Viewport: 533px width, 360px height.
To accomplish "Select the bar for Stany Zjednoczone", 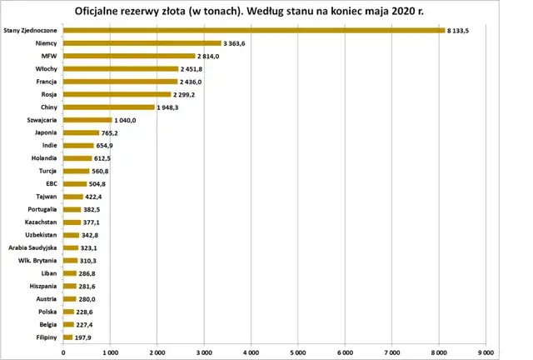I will [x=254, y=31].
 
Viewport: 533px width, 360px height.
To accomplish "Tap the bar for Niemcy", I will [x=142, y=43].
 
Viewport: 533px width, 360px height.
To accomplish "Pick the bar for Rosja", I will [x=117, y=94].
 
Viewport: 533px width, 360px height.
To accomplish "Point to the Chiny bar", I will [x=109, y=107].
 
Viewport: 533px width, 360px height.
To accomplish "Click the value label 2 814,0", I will [x=209, y=56].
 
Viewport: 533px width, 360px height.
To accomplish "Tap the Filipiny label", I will [x=44, y=337].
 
